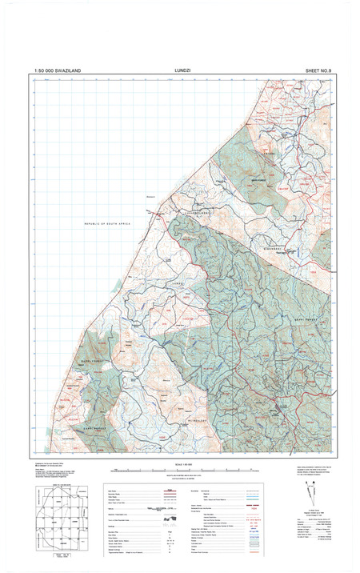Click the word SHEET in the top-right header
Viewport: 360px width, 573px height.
click(314, 71)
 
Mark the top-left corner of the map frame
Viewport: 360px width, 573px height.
click(33, 79)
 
